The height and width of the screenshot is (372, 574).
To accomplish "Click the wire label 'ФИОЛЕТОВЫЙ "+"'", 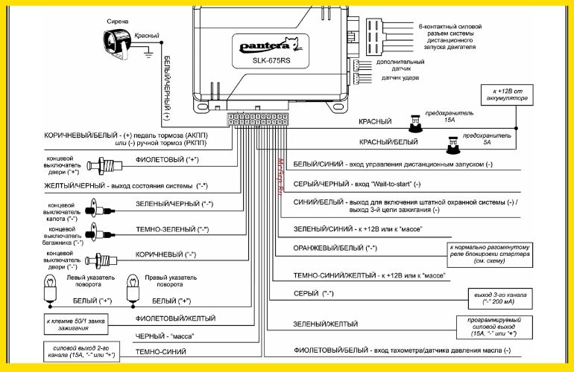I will [x=168, y=159].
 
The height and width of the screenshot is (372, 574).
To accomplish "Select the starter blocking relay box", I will [x=490, y=255].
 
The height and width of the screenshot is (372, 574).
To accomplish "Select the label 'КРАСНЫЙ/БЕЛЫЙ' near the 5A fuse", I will [x=388, y=141].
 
